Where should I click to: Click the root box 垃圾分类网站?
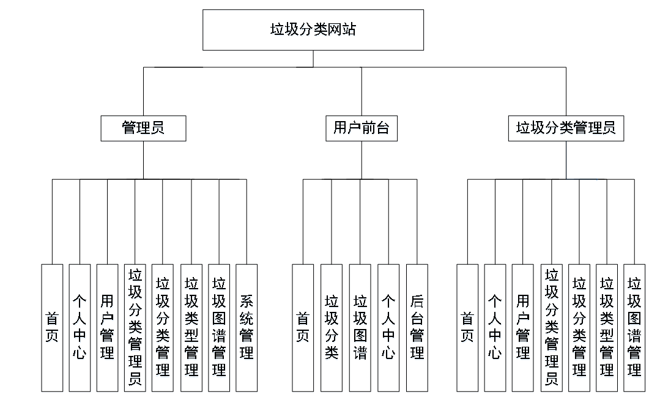coord(313,29)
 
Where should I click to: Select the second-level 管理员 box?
coord(143,128)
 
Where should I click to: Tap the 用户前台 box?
coord(361,128)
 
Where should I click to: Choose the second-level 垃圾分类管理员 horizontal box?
coord(566,128)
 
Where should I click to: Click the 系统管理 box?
coord(247,328)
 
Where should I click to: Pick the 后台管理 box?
coord(417,328)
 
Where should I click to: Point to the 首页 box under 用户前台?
coord(303,328)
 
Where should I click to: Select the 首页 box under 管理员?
coord(52,328)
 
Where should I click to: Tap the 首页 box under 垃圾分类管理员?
coord(467,328)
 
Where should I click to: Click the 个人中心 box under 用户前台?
coord(388,328)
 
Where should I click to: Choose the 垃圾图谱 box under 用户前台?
coord(360,328)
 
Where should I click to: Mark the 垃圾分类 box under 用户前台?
coord(332,328)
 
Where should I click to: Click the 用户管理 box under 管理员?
coord(107,328)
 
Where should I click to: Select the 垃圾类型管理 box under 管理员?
coord(191,328)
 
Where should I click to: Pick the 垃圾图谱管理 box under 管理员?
coord(219,328)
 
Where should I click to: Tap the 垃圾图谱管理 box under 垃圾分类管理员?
coord(634,328)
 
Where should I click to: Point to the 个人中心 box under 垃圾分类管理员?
coord(495,328)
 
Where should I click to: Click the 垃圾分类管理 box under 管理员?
coord(163,328)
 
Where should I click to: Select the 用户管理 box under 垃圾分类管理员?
coord(523,328)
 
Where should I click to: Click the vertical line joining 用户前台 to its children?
coord(361,160)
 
